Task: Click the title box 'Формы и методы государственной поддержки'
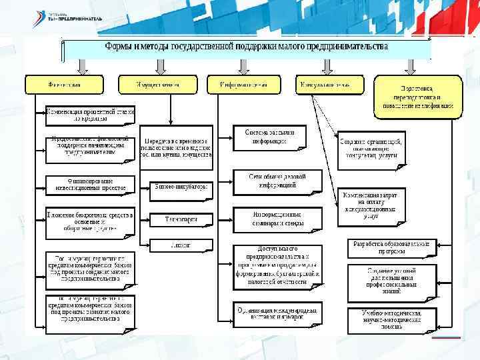pos(247,48)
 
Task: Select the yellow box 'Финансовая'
pos(65,85)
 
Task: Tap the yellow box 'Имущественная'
pos(158,85)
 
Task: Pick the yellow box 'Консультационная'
pos(331,85)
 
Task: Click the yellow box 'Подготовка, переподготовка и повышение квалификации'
pos(417,97)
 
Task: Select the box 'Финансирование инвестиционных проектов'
pos(90,184)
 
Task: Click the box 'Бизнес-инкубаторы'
pos(181,187)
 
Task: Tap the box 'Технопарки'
pos(181,219)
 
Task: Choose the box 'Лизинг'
pos(181,245)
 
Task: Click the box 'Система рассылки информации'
pos(269,137)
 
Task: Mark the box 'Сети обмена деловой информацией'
pos(277,181)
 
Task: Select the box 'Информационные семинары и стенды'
pos(277,219)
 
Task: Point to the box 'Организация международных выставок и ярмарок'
pos(277,313)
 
